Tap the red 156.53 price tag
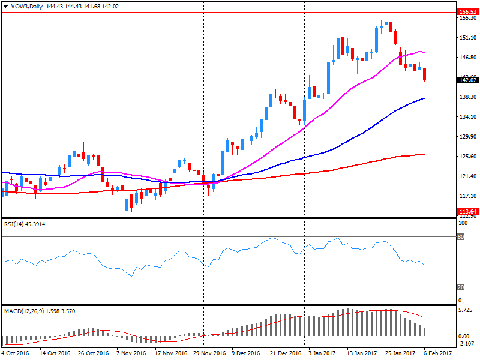click(466, 11)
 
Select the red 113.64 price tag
click(466, 211)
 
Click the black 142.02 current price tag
click(466, 80)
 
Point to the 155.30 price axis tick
click(466, 18)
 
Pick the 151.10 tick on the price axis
click(466, 38)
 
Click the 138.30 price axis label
click(466, 97)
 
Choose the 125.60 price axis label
click(466, 157)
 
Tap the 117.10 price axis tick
click(466, 196)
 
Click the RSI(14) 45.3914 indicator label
click(24, 224)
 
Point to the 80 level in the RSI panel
click(461, 236)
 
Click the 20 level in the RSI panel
click(461, 287)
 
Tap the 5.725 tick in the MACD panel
click(466, 311)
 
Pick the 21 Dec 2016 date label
click(284, 353)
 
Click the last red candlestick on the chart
click(425, 74)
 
